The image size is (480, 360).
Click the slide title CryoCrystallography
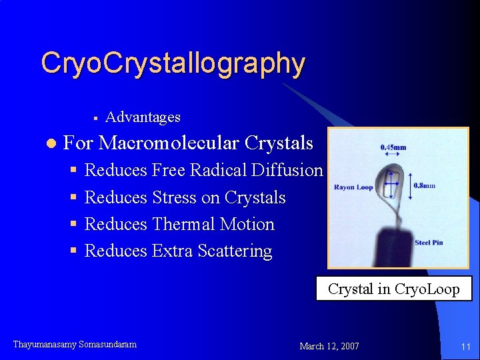click(x=173, y=64)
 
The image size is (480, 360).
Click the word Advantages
click(x=143, y=117)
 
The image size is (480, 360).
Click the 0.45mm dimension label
click(x=393, y=147)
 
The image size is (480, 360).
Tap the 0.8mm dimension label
click(x=425, y=185)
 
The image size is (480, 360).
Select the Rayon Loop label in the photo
click(x=353, y=187)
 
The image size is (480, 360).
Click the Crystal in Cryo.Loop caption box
click(x=393, y=289)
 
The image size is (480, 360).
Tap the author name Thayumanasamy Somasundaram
click(x=75, y=345)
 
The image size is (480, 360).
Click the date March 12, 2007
click(x=329, y=346)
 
